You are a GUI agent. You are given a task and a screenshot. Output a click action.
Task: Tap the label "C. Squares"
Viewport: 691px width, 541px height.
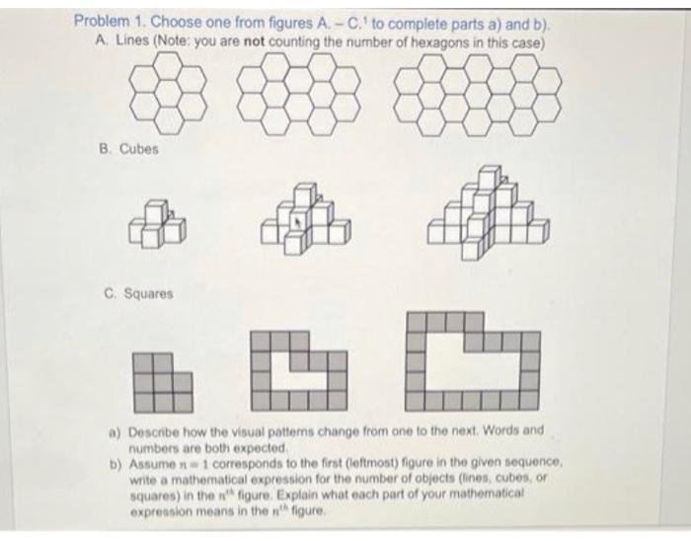pos(138,293)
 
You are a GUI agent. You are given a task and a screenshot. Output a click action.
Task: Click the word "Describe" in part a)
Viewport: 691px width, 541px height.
pos(157,431)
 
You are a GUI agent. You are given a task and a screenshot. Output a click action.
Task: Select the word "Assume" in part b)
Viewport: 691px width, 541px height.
pos(154,460)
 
